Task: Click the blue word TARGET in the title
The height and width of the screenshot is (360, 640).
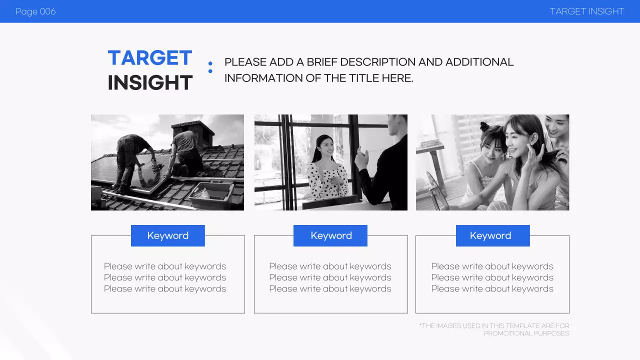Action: click(x=150, y=58)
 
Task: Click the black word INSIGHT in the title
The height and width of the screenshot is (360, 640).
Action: click(x=150, y=83)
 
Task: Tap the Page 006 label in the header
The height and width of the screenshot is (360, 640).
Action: click(x=35, y=11)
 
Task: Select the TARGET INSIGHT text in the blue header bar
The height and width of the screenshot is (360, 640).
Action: click(x=587, y=11)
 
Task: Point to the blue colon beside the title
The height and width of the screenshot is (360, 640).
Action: click(x=210, y=67)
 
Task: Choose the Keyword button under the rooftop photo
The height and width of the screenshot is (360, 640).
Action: click(x=168, y=235)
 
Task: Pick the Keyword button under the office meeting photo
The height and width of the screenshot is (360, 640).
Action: click(x=330, y=235)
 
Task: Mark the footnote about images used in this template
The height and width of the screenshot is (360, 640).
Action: click(x=494, y=329)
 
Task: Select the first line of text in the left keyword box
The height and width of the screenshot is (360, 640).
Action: click(x=165, y=266)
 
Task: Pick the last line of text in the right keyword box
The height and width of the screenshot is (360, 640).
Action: click(x=492, y=289)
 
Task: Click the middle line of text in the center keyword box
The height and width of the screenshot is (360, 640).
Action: click(x=330, y=277)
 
